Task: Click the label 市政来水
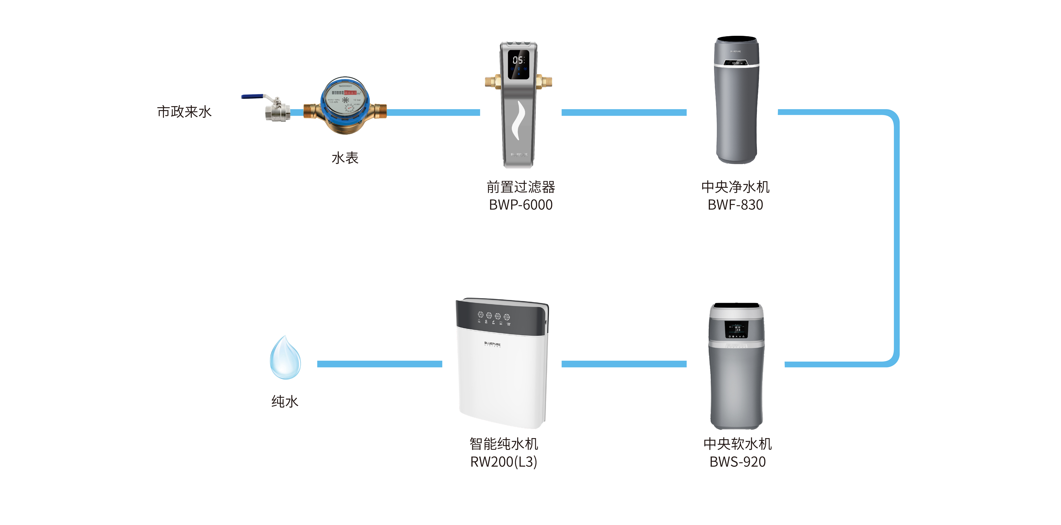coord(184,112)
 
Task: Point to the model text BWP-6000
coord(521,205)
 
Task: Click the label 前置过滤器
coord(521,187)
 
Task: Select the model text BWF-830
coord(735,205)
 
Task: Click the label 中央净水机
coord(735,187)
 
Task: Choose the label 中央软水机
coord(737,444)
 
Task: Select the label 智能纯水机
coord(504,444)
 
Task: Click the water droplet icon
coord(285,358)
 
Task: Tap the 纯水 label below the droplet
coord(285,401)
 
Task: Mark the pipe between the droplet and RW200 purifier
coord(379,364)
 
